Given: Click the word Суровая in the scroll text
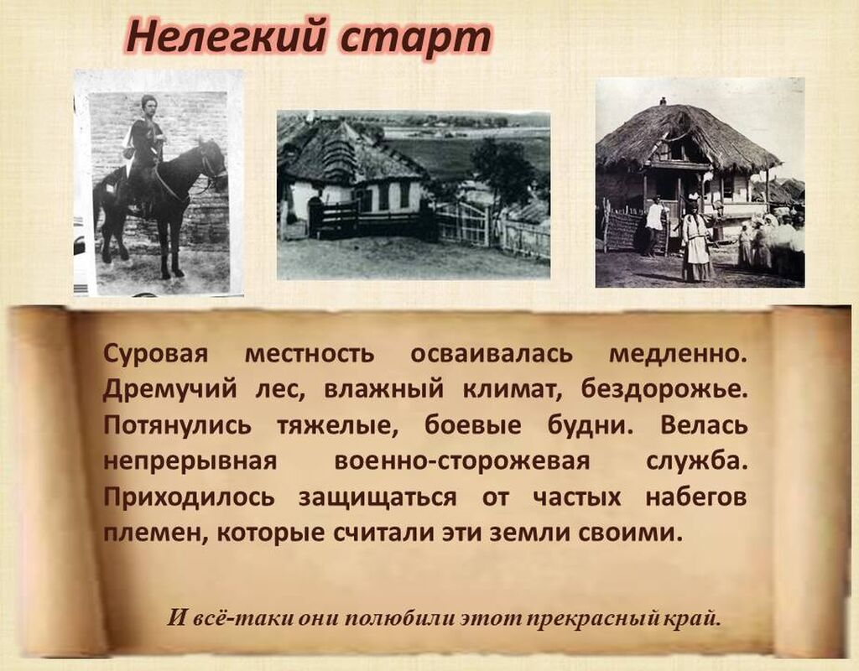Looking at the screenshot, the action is coord(155,355).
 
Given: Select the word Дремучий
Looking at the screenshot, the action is coord(169,390).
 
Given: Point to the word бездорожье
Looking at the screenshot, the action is coord(664,389).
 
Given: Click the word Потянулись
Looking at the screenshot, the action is coord(177,425).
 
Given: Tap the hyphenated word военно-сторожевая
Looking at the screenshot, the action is coord(462,461).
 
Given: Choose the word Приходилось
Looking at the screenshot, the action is coord(189,497).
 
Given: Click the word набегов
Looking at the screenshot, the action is coord(695,497).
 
